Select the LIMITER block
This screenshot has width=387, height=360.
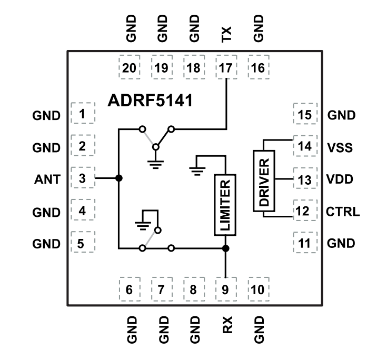225,205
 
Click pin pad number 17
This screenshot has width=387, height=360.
225,68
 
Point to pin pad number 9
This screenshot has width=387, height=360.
225,289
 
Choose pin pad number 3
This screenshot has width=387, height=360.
82,178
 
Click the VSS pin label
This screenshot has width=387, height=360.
340,147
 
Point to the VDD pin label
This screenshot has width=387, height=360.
340,180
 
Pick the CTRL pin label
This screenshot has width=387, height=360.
343,212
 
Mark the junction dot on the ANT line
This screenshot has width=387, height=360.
119,178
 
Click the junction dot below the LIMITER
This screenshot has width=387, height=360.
225,248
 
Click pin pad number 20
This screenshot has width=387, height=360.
129,68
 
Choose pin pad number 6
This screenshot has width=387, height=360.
129,289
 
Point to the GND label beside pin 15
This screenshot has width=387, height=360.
341,115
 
